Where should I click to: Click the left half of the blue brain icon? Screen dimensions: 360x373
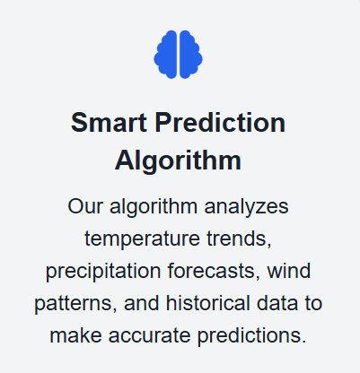pyautogui.click(x=165, y=55)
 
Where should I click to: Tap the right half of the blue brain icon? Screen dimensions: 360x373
pyautogui.click(x=191, y=55)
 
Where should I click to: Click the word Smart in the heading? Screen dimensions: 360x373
pyautogui.click(x=109, y=123)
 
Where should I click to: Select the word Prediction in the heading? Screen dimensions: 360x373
pyautogui.click(x=220, y=123)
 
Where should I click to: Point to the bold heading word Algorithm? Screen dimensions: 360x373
pyautogui.click(x=178, y=160)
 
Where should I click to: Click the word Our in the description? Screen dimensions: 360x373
pyautogui.click(x=85, y=206)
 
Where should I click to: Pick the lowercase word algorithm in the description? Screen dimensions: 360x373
pyautogui.click(x=154, y=207)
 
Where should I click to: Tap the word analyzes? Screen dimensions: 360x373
pyautogui.click(x=246, y=207)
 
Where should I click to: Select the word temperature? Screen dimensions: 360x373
pyautogui.click(x=142, y=239)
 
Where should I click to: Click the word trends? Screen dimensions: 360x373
pyautogui.click(x=239, y=239)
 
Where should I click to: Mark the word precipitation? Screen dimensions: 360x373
pyautogui.click(x=103, y=271)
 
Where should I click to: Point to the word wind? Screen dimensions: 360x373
pyautogui.click(x=289, y=271)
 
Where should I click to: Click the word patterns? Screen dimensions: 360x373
pyautogui.click(x=75, y=304)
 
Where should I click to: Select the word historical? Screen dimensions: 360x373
pyautogui.click(x=208, y=303)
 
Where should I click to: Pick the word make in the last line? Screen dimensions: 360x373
pyautogui.click(x=75, y=335)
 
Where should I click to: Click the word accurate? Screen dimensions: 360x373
pyautogui.click(x=149, y=335)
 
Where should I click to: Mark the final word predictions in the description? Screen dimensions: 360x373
pyautogui.click(x=252, y=335)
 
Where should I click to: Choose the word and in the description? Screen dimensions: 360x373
pyautogui.click(x=142, y=303)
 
